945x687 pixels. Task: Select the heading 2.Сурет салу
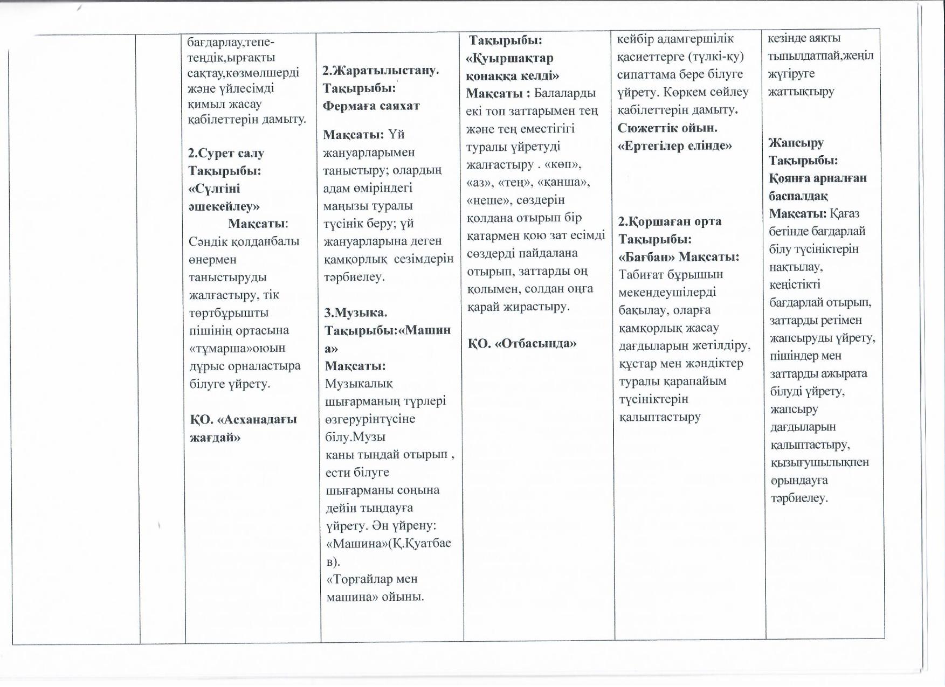coord(226,153)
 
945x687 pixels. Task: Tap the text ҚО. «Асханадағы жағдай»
coord(243,428)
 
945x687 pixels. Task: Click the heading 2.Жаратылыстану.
coord(381,70)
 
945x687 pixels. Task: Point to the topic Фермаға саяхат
coord(371,106)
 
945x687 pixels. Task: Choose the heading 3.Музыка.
coord(356,313)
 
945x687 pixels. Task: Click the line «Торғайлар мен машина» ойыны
coord(375,588)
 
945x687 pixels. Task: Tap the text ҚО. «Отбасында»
coord(522,343)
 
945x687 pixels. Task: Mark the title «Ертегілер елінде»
coord(674,145)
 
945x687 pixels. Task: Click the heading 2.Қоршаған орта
coord(670,221)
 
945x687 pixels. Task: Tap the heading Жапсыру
coord(796,143)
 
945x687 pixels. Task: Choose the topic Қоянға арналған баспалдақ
coord(817,186)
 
